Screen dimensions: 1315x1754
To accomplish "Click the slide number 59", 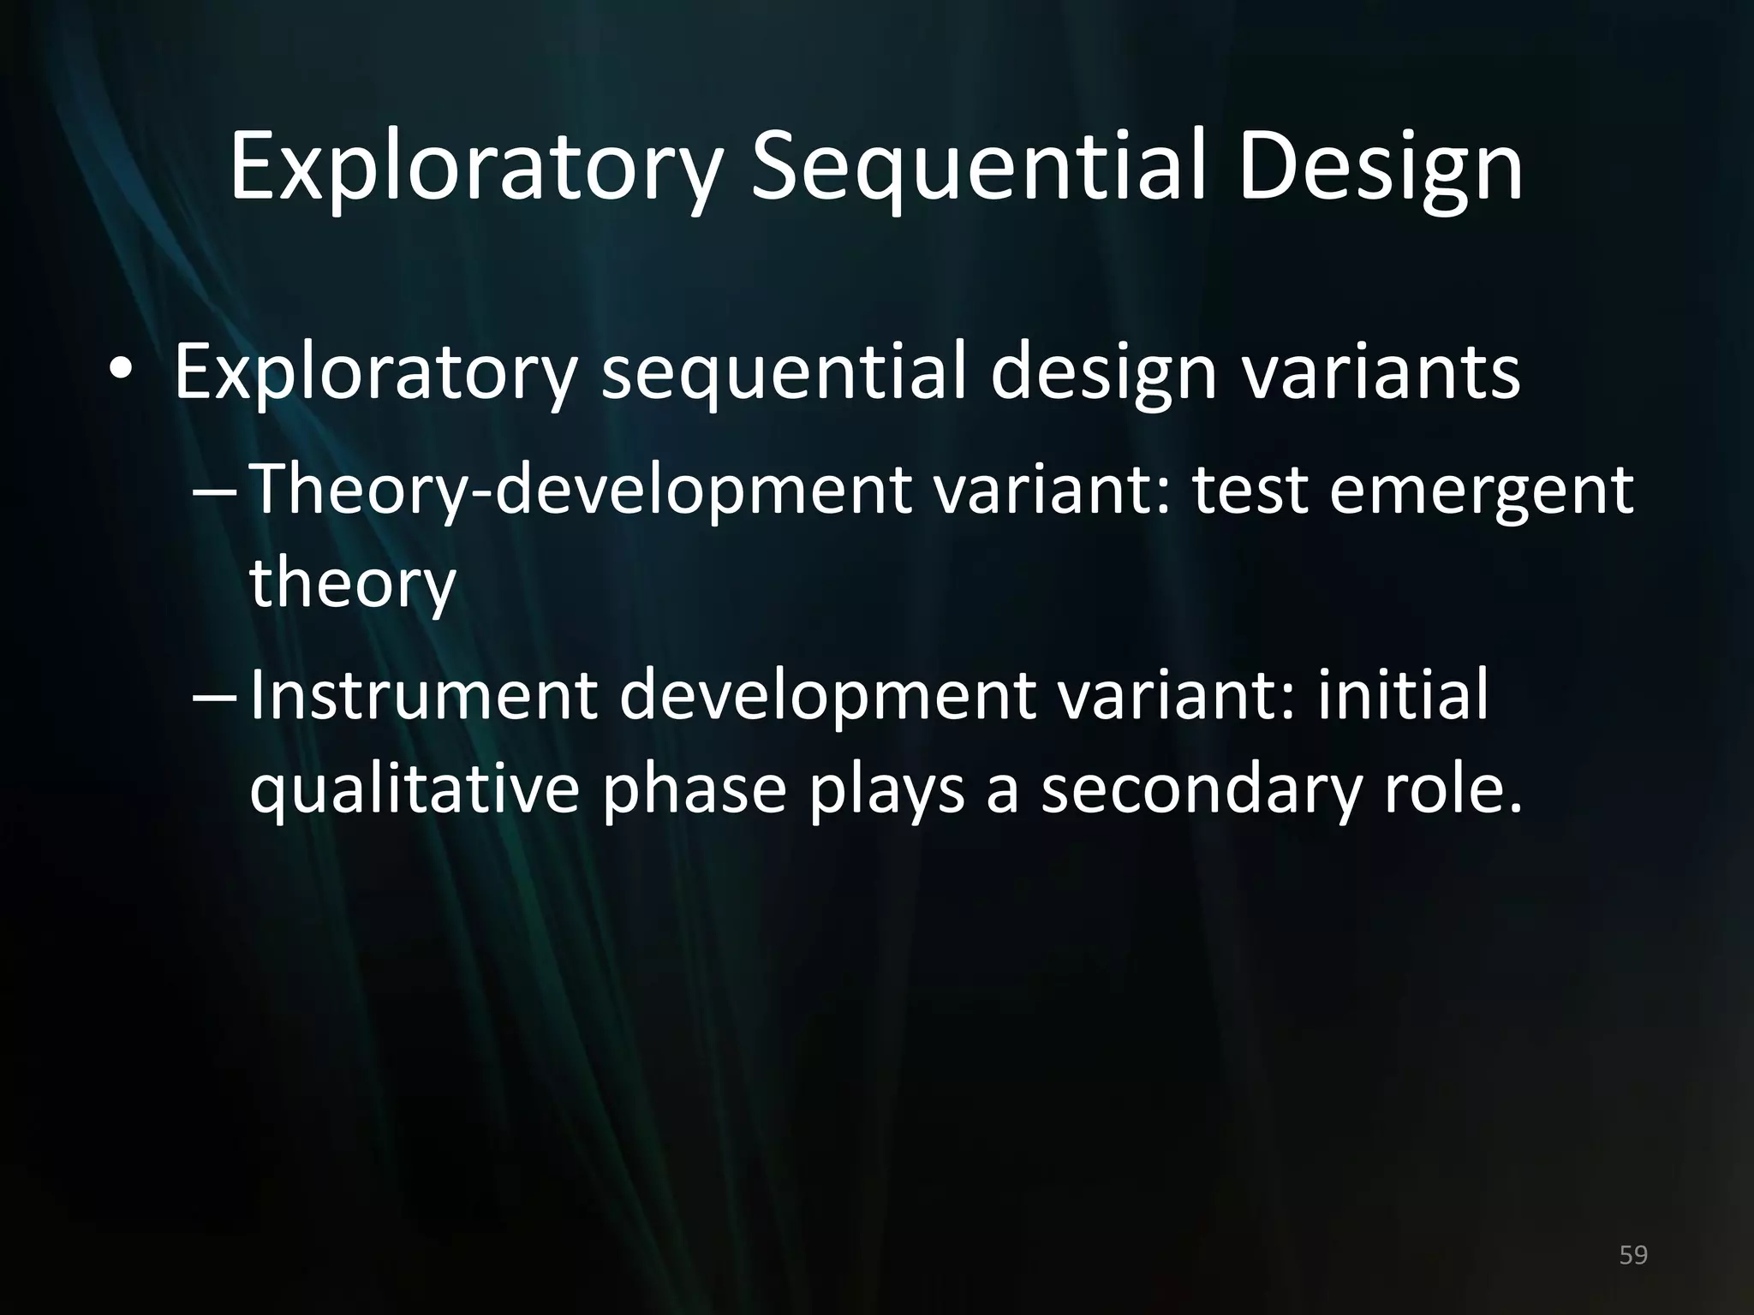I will [x=1633, y=1255].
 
